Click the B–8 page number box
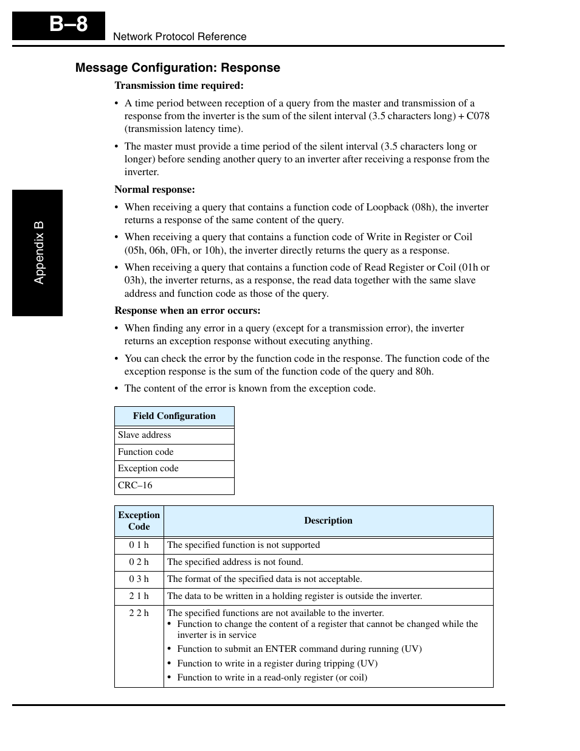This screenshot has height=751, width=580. click(59, 25)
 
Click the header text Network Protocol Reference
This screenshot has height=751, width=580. click(179, 36)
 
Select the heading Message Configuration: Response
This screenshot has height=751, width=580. click(178, 67)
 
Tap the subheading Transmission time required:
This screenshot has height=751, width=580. click(179, 86)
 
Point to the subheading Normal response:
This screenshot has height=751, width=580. click(154, 190)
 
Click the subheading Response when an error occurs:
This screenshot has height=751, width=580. click(187, 311)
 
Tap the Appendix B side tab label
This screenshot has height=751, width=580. click(39, 252)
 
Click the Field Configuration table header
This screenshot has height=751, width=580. click(174, 416)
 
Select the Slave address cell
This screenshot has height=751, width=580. click(145, 435)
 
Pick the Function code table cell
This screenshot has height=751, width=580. click(146, 452)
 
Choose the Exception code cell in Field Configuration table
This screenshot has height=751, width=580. click(148, 468)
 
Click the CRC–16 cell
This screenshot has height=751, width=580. click(135, 485)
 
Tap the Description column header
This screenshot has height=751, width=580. click(328, 521)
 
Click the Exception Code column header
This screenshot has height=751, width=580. click(139, 521)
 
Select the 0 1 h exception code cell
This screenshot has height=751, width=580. click(139, 545)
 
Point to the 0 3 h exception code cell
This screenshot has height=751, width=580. click(139, 580)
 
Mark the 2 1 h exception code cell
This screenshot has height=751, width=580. click(139, 597)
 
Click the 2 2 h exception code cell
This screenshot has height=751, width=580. click(139, 614)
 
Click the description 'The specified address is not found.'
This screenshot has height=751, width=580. click(235, 562)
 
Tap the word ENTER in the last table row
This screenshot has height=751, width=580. click(281, 649)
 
